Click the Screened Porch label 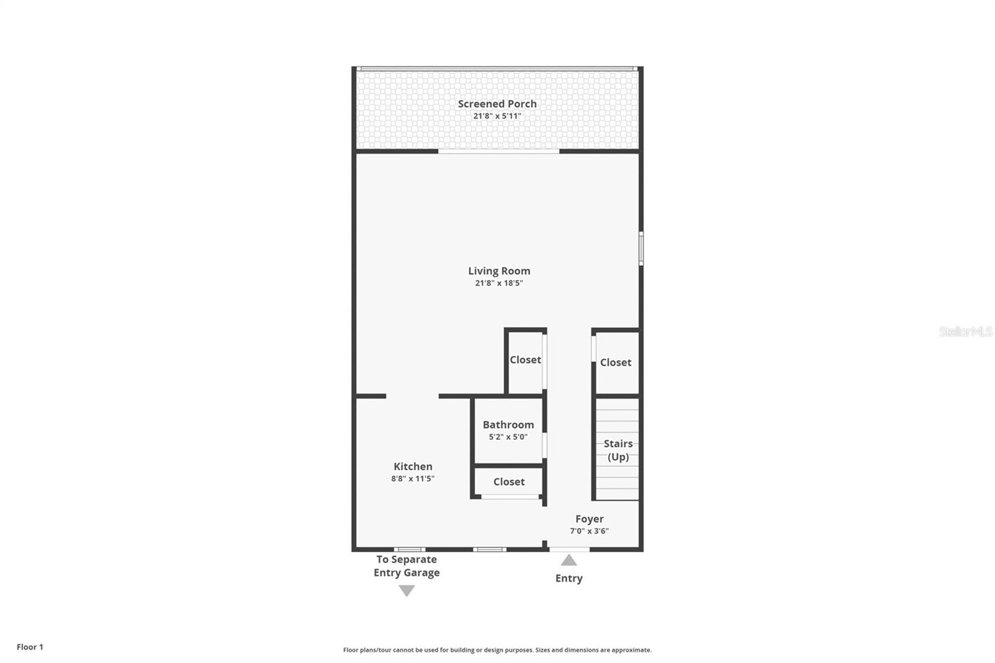pos(497,104)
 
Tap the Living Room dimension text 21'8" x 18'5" pos(499,283)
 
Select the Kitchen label pos(413,466)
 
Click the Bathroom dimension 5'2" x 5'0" pos(508,437)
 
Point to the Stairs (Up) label pos(618,450)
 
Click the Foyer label pos(589,519)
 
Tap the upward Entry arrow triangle pos(569,560)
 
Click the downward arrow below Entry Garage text pos(407,591)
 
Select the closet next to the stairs pos(616,363)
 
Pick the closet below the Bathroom pos(509,482)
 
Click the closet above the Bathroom pos(525,360)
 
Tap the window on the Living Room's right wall pos(641,249)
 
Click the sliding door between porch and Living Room pos(499,151)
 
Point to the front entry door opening pos(569,549)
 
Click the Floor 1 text pos(30,647)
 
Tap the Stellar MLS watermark pos(965,331)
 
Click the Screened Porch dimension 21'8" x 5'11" pos(497,116)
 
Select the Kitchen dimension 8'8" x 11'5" pos(413,478)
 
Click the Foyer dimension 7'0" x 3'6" pos(589,531)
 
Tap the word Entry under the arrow pos(569,578)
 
